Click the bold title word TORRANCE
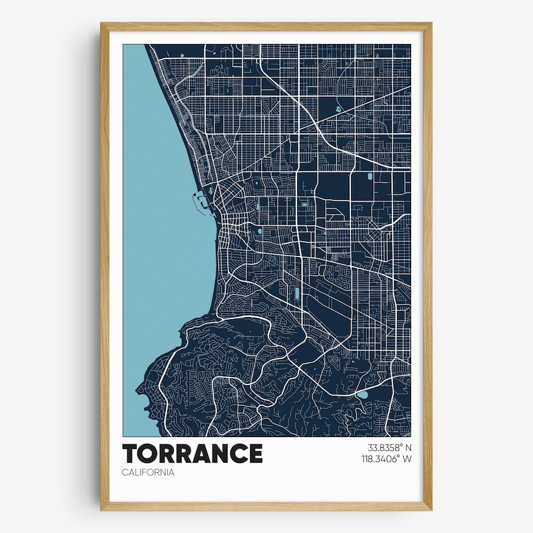[192, 454]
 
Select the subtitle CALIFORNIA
[148, 472]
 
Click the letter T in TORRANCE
[130, 454]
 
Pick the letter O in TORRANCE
[147, 454]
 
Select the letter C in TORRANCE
[239, 454]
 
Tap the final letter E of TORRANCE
[255, 454]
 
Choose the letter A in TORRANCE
[201, 454]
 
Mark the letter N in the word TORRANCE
[220, 454]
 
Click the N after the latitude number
[408, 448]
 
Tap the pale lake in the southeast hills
[361, 394]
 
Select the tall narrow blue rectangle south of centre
[296, 293]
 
